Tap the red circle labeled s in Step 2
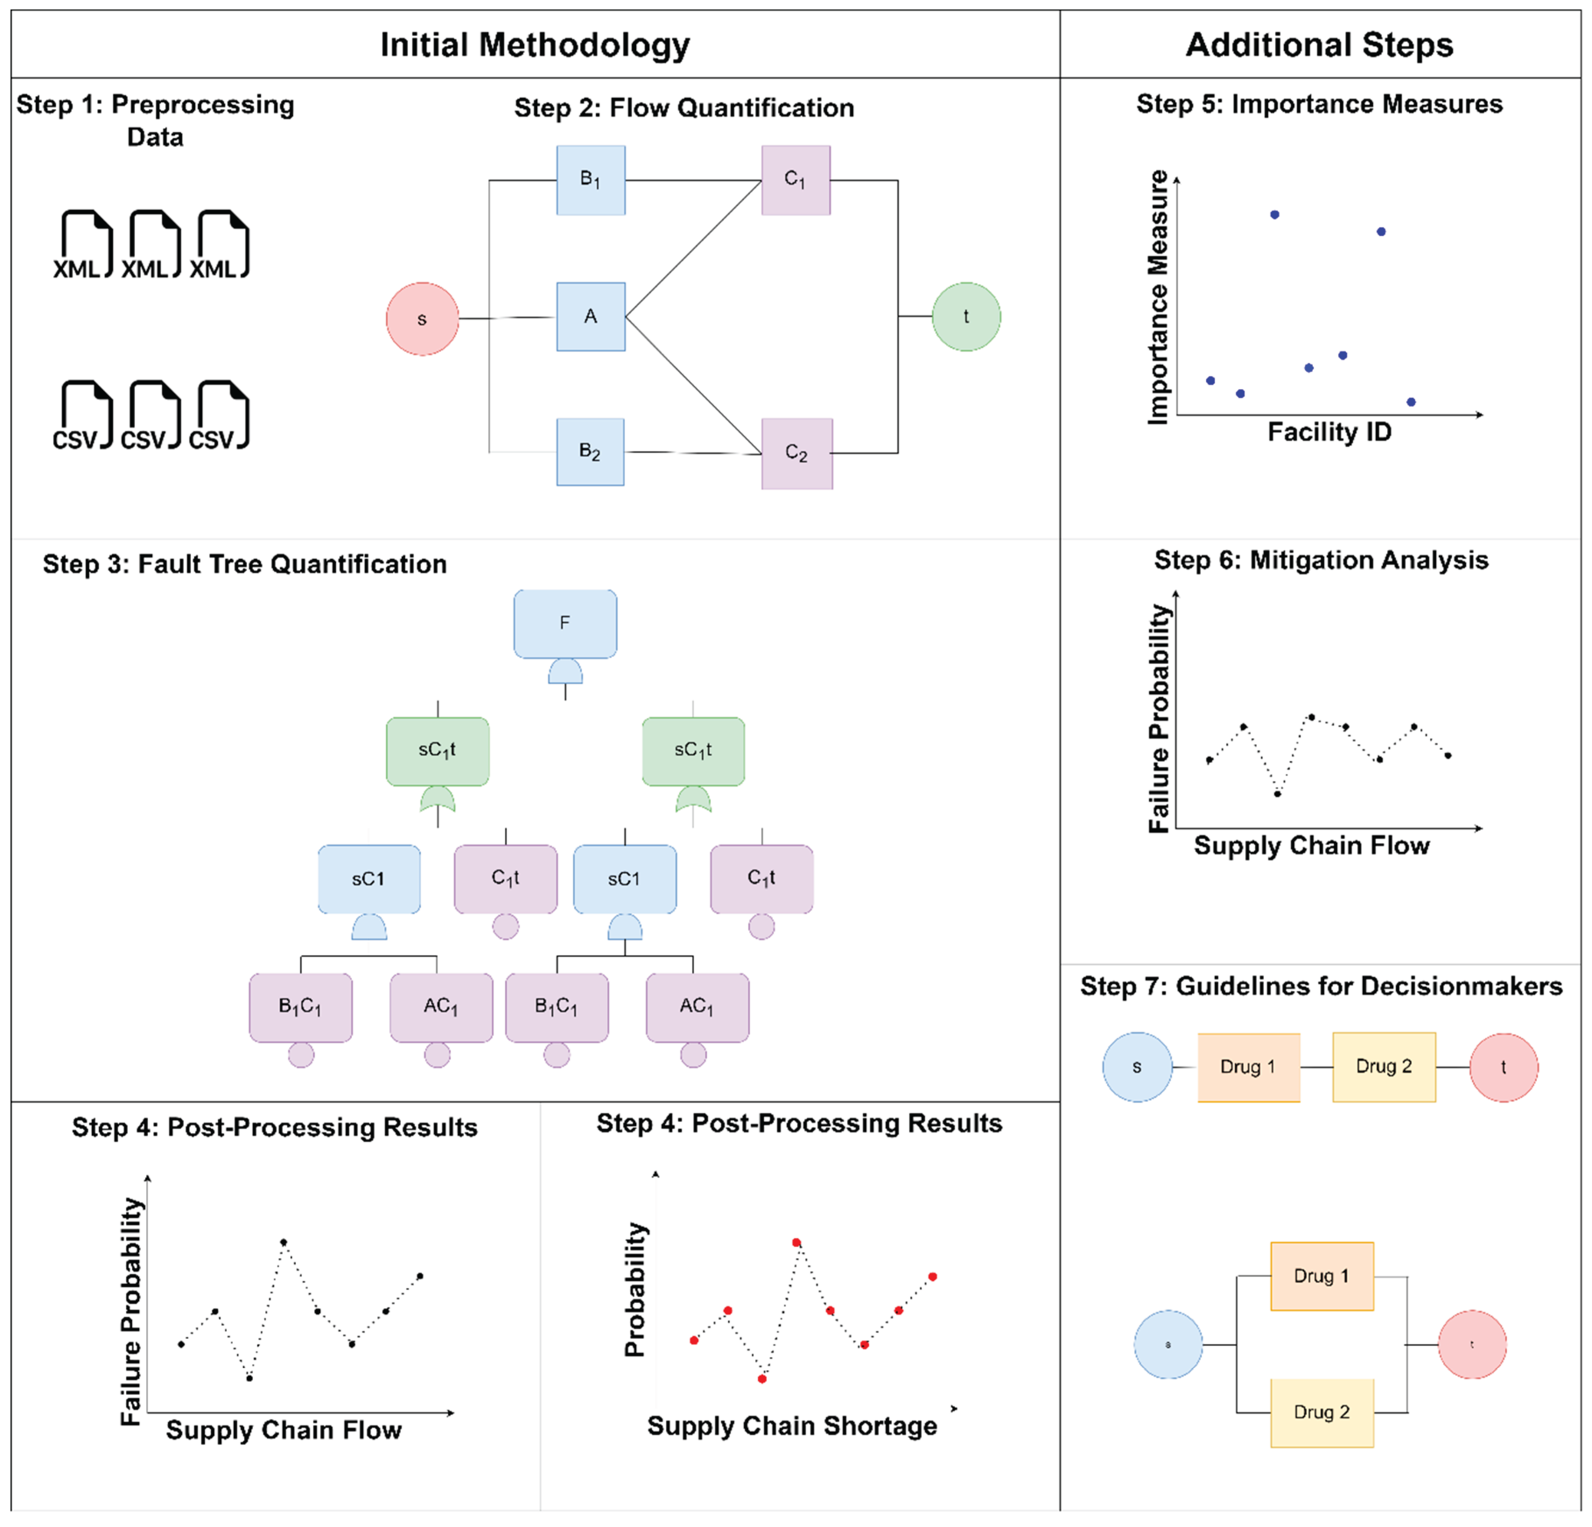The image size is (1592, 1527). tap(422, 318)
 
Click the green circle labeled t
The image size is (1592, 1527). tap(966, 317)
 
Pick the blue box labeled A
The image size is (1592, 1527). tap(591, 317)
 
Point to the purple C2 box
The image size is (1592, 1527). tap(796, 453)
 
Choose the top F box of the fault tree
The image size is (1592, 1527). tap(564, 623)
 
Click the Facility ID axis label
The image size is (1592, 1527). tap(1330, 432)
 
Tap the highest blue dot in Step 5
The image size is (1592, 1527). tap(1274, 214)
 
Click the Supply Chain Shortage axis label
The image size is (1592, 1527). tap(792, 1426)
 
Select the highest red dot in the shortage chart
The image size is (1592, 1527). tap(796, 1242)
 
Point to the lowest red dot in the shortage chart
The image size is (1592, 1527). tap(762, 1378)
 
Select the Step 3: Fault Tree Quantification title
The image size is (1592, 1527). tap(245, 564)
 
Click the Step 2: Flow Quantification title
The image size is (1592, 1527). tap(684, 107)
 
